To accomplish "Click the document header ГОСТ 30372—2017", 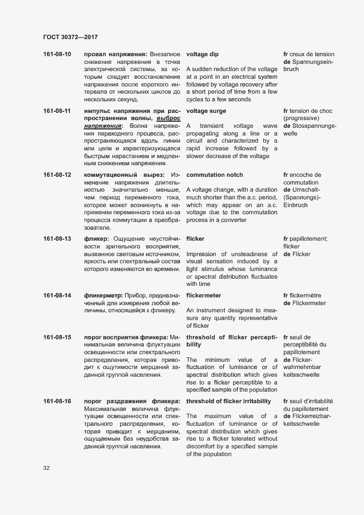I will click(70, 37).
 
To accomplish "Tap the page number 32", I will click(47, 468).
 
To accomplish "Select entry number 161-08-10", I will click(57, 55).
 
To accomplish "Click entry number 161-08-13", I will click(57, 238).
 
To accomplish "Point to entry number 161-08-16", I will click(57, 401).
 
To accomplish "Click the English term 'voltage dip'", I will click(202, 55).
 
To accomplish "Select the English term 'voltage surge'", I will click(206, 111).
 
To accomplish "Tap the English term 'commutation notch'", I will click(214, 175).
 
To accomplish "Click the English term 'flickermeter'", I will click(204, 296).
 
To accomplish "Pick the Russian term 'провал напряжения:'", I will click(115, 55).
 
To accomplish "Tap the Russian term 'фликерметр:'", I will click(103, 296).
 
